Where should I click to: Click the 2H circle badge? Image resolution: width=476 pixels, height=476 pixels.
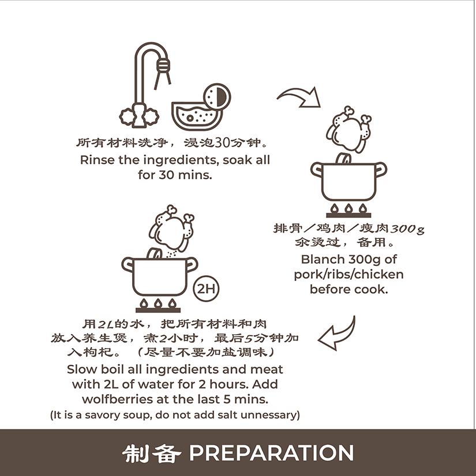(206, 288)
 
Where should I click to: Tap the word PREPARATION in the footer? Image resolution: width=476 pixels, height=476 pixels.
(272, 452)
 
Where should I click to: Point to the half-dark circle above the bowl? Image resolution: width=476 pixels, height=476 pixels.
(218, 98)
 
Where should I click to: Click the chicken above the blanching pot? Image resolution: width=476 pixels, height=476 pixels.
(349, 129)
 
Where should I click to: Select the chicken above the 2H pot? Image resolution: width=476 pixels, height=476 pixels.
(172, 228)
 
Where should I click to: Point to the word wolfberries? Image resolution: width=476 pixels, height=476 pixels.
(117, 399)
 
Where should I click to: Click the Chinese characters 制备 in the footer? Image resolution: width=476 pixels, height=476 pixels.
(152, 453)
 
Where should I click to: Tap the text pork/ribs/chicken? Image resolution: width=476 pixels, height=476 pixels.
(349, 275)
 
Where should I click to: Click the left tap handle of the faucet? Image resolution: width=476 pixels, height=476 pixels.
(127, 117)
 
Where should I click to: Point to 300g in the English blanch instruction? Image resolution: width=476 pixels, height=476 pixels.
(364, 260)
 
